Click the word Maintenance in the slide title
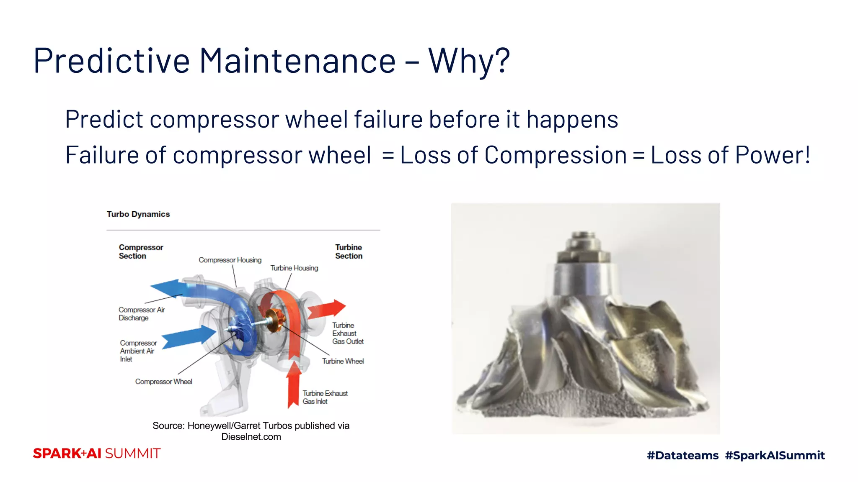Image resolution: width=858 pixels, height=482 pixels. (x=297, y=61)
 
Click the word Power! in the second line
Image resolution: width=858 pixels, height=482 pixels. (x=773, y=155)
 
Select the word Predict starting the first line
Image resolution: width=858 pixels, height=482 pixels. (x=104, y=120)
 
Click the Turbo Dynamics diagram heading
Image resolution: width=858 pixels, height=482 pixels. (x=138, y=214)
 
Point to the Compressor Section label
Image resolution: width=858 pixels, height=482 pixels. (x=141, y=251)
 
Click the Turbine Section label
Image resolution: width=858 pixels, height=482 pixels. (x=349, y=251)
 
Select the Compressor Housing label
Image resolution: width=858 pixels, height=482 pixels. (x=230, y=260)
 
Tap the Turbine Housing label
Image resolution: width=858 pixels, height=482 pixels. (x=294, y=268)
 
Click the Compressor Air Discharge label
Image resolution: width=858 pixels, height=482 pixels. (x=142, y=314)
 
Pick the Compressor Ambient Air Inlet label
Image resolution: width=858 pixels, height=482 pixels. (x=138, y=351)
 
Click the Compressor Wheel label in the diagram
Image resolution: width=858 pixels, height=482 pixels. (x=163, y=382)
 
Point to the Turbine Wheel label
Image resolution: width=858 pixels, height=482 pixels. (x=343, y=361)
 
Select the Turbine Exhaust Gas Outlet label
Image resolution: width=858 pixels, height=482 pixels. (x=347, y=333)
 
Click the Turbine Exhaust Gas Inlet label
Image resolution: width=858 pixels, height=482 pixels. (x=325, y=397)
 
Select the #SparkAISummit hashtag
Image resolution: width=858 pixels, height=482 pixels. (x=775, y=455)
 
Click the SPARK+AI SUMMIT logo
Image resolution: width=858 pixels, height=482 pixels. (x=97, y=454)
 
